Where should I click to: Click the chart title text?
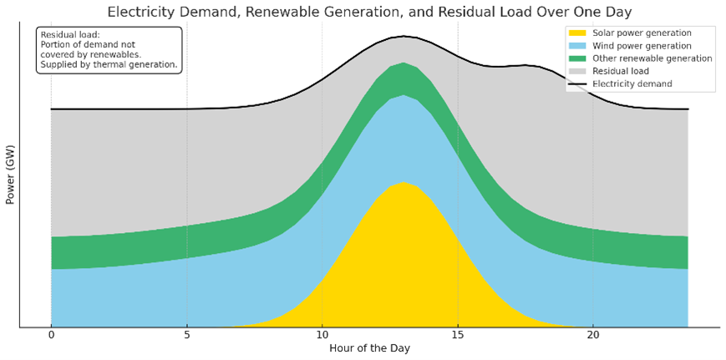369,12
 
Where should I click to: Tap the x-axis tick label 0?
51,336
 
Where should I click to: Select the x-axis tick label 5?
186,336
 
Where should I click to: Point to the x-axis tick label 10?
322,336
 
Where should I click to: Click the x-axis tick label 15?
458,336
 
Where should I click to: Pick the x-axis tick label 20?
593,336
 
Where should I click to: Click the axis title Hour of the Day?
369,348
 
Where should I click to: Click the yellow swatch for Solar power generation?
578,33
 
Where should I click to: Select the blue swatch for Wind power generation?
578,46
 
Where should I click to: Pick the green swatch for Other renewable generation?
578,58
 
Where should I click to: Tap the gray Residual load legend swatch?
578,71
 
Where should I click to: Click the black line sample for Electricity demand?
578,84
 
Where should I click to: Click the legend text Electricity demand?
632,84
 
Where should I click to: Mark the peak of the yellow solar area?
404,183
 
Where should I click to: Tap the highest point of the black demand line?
404,37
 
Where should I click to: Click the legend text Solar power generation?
642,33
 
